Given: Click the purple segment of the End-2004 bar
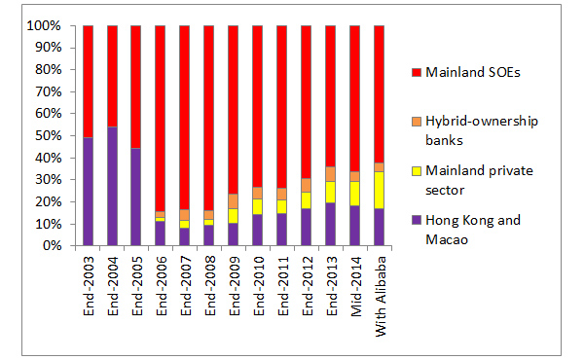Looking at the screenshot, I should [x=112, y=186].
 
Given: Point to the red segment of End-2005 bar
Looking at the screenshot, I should [x=136, y=87].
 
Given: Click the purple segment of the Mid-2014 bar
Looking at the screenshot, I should [x=354, y=226].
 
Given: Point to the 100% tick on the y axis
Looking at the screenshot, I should [x=56, y=26].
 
